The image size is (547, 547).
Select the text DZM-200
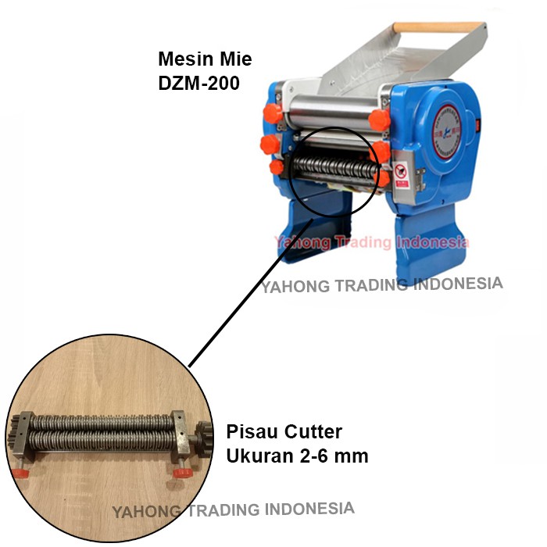[x=198, y=81]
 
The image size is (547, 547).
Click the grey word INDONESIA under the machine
[x=458, y=284]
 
